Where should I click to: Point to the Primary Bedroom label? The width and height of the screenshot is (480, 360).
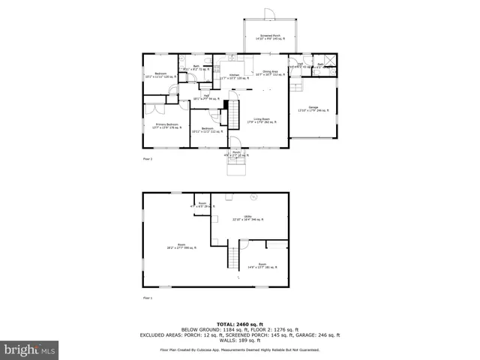[x=166, y=125]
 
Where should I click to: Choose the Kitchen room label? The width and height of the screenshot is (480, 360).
[x=234, y=76]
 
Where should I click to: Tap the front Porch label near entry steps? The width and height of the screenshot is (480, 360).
[x=235, y=153]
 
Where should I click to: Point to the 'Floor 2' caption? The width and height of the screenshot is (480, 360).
[x=147, y=160]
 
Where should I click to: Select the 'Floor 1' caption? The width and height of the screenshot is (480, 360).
[x=147, y=298]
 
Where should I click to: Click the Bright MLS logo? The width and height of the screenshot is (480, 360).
[x=30, y=349]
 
